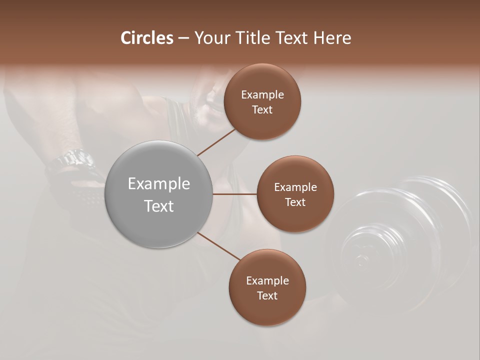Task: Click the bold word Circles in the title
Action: point(147,38)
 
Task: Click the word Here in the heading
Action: point(332,38)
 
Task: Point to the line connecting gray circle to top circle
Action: point(216,142)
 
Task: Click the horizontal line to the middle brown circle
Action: point(235,194)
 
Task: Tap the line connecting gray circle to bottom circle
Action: point(219,246)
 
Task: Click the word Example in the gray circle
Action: point(159,184)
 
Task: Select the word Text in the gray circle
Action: point(159,206)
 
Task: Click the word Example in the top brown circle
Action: point(262,95)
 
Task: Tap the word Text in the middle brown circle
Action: point(295,202)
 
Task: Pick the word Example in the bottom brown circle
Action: point(267,281)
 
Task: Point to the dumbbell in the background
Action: point(400,240)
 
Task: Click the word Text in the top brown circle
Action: point(262,110)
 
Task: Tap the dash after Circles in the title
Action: point(183,38)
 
